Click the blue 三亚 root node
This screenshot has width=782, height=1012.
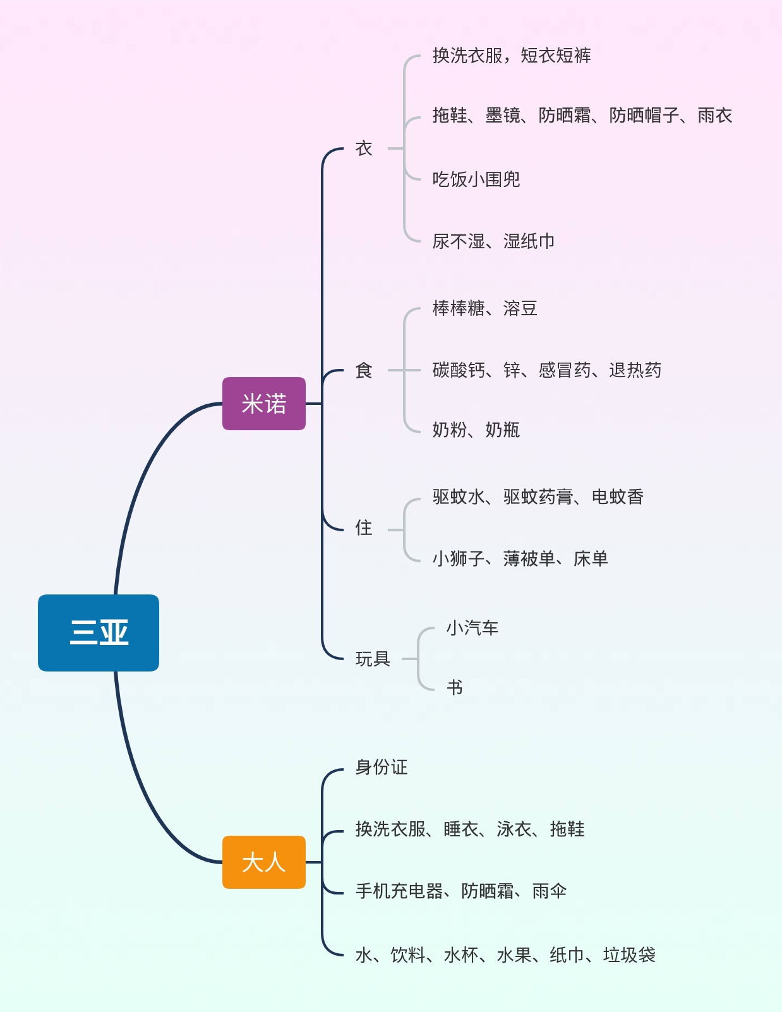[99, 632]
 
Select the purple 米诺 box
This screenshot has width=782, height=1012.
[264, 404]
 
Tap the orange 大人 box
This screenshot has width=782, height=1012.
[264, 862]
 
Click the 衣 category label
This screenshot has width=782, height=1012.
[364, 148]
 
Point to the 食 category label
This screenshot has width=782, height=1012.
[364, 370]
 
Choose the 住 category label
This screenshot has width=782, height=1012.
[364, 528]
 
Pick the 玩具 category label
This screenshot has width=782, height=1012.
[373, 659]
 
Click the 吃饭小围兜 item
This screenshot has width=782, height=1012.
[476, 179]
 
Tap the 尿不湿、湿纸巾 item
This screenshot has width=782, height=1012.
[493, 241]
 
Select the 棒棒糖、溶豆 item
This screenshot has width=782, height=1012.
[484, 308]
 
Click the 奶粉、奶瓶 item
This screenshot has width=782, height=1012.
[476, 430]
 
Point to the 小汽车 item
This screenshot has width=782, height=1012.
[472, 628]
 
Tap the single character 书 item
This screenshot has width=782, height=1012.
[455, 687]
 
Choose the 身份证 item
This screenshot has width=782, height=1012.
[382, 767]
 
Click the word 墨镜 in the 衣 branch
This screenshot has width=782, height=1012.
[503, 116]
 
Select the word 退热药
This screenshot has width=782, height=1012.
[635, 370]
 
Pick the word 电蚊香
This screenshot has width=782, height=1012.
[617, 497]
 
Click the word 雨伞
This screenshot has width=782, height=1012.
[549, 891]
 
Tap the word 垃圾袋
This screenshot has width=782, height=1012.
[629, 955]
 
